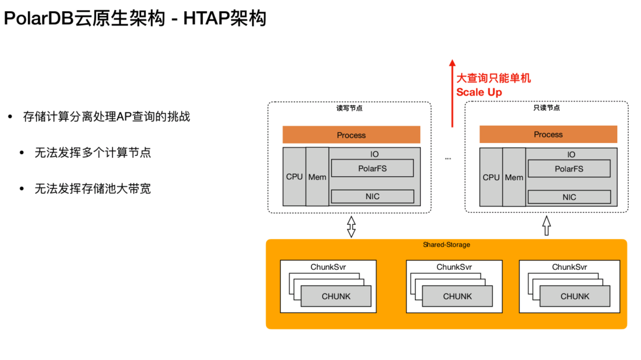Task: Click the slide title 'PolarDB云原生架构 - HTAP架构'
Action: tap(135, 18)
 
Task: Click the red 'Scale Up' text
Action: tap(479, 92)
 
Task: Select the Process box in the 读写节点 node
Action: tap(351, 135)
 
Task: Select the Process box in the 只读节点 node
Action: tap(548, 135)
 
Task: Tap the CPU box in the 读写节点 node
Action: tap(294, 177)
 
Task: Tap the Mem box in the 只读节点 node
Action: tap(514, 177)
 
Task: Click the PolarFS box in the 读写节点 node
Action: tap(372, 168)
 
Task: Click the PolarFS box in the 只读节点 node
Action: tap(569, 168)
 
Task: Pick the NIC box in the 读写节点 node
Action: tap(372, 196)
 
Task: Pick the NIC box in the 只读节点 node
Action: tap(569, 197)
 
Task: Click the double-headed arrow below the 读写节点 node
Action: tap(351, 226)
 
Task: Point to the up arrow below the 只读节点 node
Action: tap(547, 225)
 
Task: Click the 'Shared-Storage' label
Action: tap(446, 244)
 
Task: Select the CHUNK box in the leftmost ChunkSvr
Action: tap(336, 296)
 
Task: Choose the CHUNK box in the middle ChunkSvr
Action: tap(457, 296)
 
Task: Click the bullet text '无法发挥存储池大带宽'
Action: tap(93, 189)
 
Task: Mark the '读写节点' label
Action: tap(350, 108)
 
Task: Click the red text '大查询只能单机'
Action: tap(493, 78)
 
